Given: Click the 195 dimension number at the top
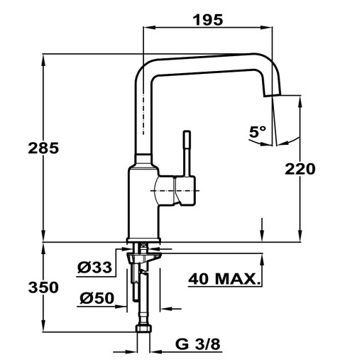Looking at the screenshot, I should point(209,19).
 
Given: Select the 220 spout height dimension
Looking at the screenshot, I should point(300,169).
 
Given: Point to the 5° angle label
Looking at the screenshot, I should point(257,131).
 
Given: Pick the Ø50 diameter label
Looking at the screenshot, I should point(97,298).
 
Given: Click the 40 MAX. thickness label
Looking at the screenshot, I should point(225,279).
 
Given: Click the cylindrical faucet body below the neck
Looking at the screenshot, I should point(143,202).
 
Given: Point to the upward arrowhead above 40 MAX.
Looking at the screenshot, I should point(263,256).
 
